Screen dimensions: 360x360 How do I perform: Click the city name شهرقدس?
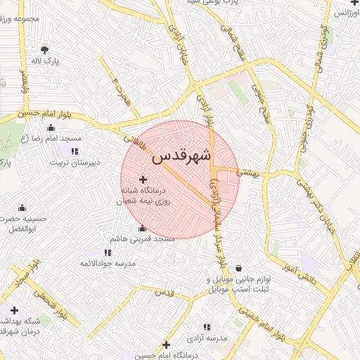pyautogui.click(x=181, y=155)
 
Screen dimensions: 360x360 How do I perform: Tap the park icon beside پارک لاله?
pyautogui.click(x=46, y=50)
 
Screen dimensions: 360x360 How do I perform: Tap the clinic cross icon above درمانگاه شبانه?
pyautogui.click(x=144, y=180)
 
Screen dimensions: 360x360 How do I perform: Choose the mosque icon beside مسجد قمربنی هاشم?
pyautogui.click(x=143, y=228)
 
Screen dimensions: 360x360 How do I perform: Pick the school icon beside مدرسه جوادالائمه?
pyautogui.click(x=108, y=252)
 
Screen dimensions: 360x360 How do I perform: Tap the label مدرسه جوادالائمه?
pyautogui.click(x=107, y=263)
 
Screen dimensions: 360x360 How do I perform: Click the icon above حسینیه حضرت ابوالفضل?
pyautogui.click(x=22, y=207)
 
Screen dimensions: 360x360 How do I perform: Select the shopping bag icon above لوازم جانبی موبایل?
pyautogui.click(x=240, y=268)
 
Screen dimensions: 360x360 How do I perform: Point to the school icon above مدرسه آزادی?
pyautogui.click(x=207, y=327)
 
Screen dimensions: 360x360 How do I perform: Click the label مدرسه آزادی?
pyautogui.click(x=213, y=338)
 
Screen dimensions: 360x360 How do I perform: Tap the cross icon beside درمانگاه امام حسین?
pyautogui.click(x=166, y=345)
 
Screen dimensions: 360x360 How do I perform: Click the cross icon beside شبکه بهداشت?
pyautogui.click(x=14, y=310)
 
